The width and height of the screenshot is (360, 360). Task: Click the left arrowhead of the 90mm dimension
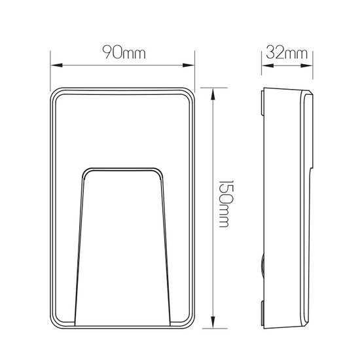pos(55,65)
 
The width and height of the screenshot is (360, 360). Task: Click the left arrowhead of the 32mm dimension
pos(266,65)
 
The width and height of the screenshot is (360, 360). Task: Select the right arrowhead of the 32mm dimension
pos(311,65)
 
